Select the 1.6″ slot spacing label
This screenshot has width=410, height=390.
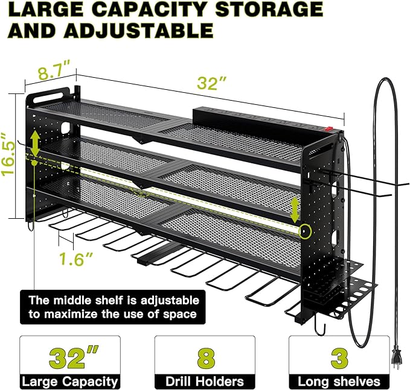pos(77,259)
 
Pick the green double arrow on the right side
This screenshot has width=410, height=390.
pos(295,209)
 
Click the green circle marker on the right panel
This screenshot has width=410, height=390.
pos(305,231)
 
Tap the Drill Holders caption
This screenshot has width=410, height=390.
pos(205,382)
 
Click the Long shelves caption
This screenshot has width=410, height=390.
pos(339,382)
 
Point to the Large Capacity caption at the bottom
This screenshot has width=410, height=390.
pos(70,382)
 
